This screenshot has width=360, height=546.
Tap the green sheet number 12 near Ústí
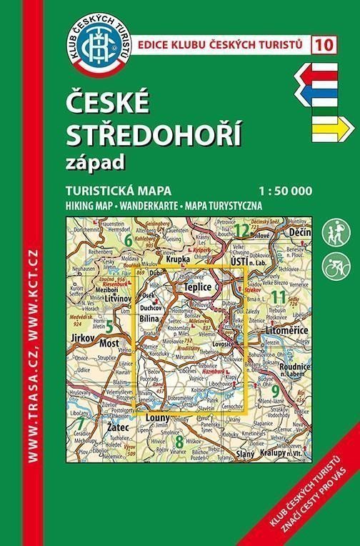pyautogui.click(x=242, y=230)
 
